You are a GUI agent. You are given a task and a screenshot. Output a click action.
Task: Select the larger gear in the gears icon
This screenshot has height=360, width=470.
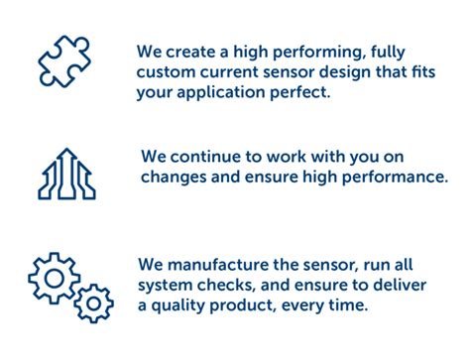coord(54,274)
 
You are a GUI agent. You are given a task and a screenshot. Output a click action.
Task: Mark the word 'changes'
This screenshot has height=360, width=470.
coord(172,179)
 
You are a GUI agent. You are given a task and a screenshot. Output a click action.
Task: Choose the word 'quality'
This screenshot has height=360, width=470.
coord(181,306)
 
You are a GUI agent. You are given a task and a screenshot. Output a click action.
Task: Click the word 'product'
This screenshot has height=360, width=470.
coord(252,306)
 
